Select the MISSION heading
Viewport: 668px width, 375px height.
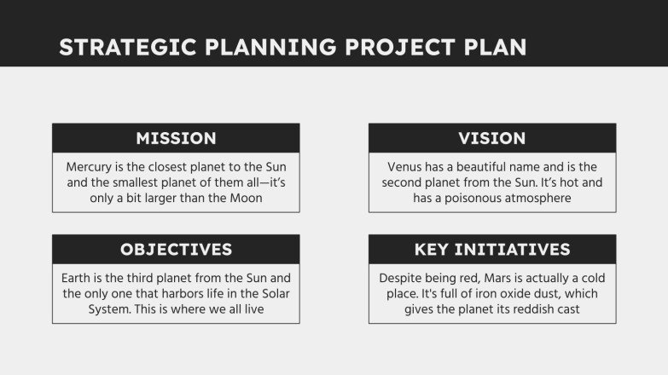tap(176, 138)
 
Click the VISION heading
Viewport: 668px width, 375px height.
tap(492, 138)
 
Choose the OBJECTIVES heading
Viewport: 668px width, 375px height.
tap(176, 250)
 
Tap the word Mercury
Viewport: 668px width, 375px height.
tap(90, 167)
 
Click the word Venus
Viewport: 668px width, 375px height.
tap(405, 167)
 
